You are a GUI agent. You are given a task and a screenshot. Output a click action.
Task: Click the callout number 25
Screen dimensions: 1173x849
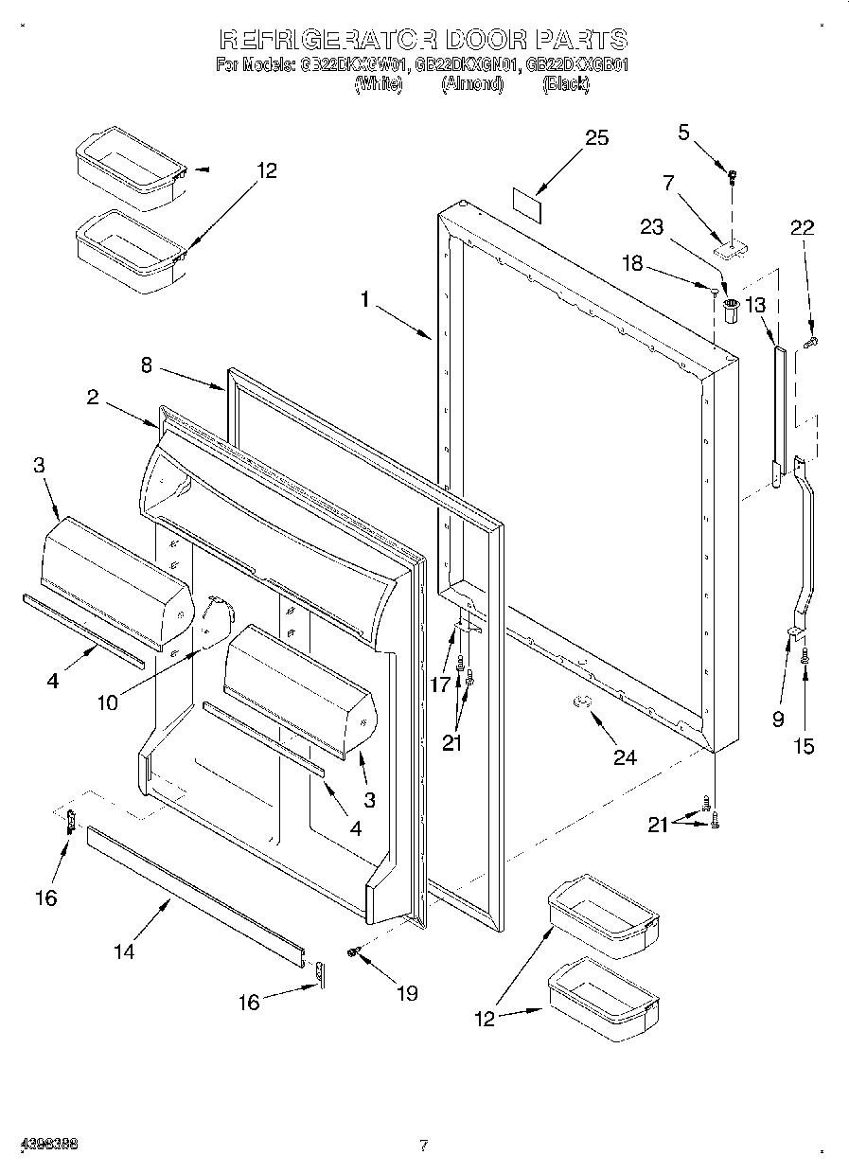coord(596,138)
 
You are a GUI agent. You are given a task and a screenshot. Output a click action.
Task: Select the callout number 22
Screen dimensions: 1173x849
coord(803,227)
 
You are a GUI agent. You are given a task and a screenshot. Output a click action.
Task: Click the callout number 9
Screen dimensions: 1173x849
coord(778,719)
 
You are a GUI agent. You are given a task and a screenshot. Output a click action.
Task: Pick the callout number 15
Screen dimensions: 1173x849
coord(803,746)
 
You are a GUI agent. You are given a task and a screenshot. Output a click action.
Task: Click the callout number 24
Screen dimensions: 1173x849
coord(625,756)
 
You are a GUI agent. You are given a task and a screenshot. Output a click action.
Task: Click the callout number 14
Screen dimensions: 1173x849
coord(123,951)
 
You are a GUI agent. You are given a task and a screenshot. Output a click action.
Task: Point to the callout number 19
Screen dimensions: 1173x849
coord(407,993)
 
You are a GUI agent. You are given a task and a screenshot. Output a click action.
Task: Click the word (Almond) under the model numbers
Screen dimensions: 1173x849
coord(471,84)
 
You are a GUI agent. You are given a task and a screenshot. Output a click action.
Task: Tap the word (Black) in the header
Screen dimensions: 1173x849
coord(566,84)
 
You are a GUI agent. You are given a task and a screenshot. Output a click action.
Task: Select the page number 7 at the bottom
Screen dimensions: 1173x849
coord(424,1146)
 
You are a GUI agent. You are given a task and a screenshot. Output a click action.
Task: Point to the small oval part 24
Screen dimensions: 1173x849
coord(583,700)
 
